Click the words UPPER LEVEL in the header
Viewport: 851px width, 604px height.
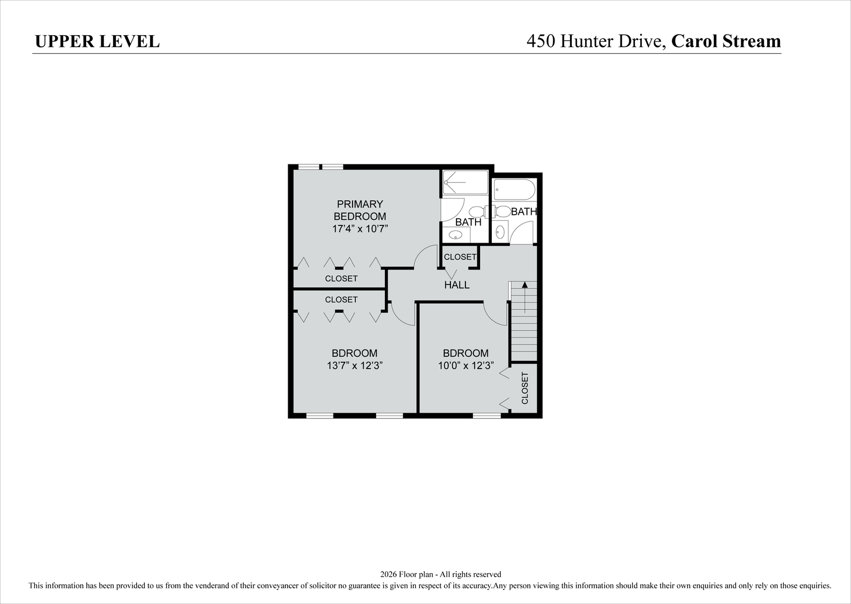click(x=97, y=41)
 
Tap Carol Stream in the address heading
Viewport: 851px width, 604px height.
click(x=726, y=41)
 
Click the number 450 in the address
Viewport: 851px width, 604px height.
click(x=541, y=41)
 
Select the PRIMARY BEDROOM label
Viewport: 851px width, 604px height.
click(x=360, y=210)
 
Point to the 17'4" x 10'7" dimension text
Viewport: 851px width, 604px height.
click(x=360, y=229)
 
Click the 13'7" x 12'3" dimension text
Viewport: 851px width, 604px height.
click(x=354, y=366)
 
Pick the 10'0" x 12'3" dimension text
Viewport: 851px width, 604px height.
click(x=466, y=366)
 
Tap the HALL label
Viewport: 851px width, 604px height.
click(x=457, y=285)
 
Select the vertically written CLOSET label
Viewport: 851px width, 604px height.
click(x=525, y=388)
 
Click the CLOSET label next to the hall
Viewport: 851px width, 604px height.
click(x=460, y=257)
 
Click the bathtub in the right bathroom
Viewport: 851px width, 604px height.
click(x=514, y=190)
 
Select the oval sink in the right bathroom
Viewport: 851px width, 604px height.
click(x=500, y=231)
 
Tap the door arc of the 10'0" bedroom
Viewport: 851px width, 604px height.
click(x=496, y=313)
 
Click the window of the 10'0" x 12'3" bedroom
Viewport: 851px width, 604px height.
click(x=487, y=416)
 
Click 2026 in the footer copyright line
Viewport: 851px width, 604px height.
click(x=388, y=574)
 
